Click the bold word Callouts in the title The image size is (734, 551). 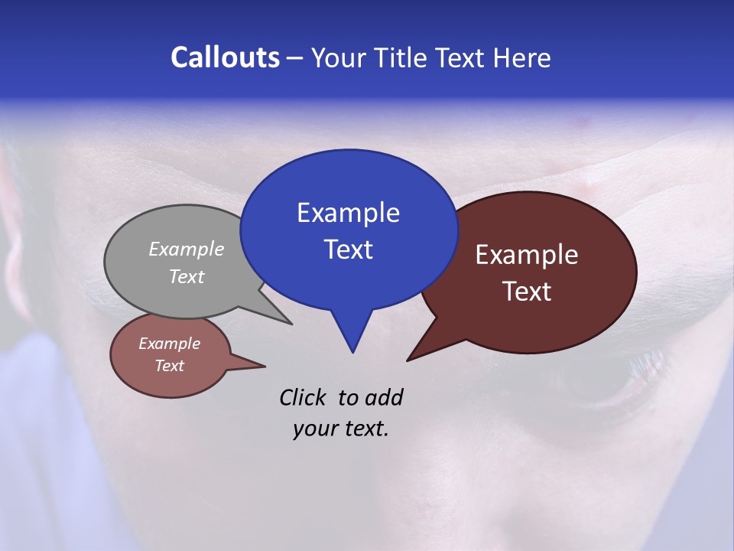coord(225,57)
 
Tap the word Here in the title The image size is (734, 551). coord(523,57)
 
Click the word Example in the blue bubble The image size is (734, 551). coord(348,213)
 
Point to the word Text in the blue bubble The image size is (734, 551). coord(348,249)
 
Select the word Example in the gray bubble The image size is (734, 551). coord(186,249)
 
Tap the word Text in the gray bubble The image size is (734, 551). coord(186,276)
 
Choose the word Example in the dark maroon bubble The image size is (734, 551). coord(527,255)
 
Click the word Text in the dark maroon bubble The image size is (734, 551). coord(527,292)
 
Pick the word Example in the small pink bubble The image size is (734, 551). coord(169,344)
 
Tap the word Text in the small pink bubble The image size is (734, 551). coord(169,366)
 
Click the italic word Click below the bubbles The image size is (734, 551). coord(303,397)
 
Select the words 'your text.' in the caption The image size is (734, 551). coord(341,429)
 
